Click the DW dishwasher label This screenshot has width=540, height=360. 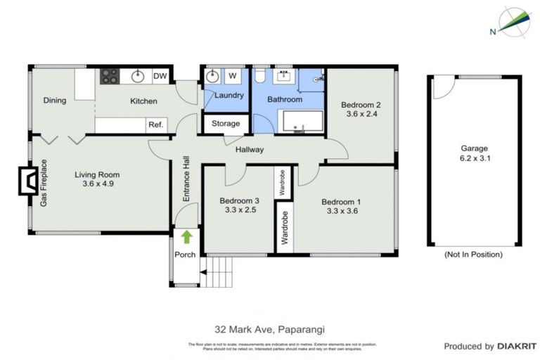tap(160, 76)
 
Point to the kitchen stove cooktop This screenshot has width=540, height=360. tap(110, 75)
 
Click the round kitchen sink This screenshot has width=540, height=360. tap(136, 75)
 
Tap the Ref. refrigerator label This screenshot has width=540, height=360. tap(155, 125)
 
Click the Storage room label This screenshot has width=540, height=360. tap(226, 124)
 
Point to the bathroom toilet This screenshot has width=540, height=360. tap(259, 75)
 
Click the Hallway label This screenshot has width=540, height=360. tap(249, 149)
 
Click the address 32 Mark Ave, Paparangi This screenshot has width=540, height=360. tap(271, 328)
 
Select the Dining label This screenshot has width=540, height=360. tap(54, 101)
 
